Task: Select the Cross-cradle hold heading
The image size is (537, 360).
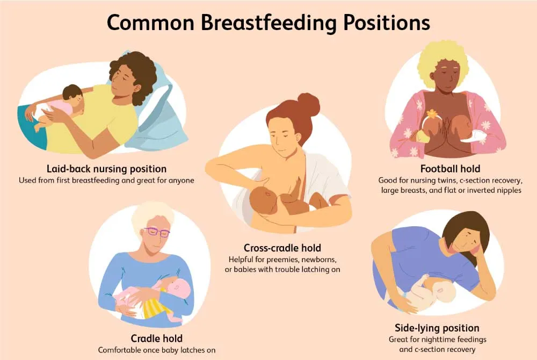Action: coord(282,248)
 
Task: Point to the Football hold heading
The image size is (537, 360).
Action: coord(449,168)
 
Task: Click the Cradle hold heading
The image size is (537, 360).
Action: coord(157,338)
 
